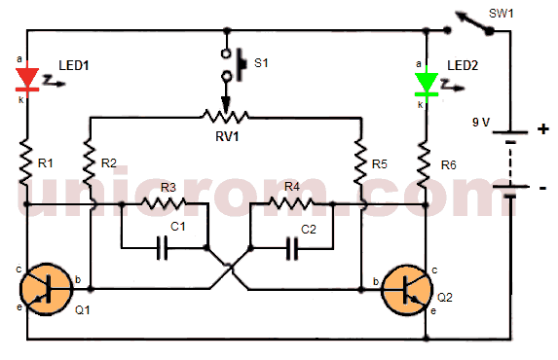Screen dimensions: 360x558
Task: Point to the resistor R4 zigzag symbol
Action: (291, 204)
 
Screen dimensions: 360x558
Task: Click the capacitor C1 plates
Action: (165, 247)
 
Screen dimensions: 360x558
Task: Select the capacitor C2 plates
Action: (291, 247)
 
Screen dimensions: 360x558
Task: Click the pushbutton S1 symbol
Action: (232, 62)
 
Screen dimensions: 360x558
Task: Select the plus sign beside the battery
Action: (542, 127)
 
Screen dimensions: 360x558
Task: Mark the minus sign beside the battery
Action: (542, 186)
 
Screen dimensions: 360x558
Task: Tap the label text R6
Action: (449, 164)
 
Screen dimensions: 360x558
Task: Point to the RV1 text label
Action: (229, 136)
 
